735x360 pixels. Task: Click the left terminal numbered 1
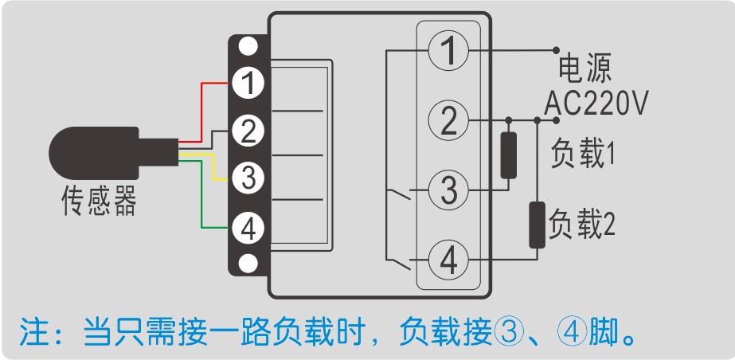pyautogui.click(x=248, y=82)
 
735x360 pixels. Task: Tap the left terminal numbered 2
pyautogui.click(x=248, y=130)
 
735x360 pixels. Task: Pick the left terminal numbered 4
pyautogui.click(x=248, y=229)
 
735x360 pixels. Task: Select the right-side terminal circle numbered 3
pyautogui.click(x=448, y=191)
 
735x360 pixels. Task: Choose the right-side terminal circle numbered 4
pyautogui.click(x=448, y=260)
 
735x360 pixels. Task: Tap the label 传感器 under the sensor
pyautogui.click(x=100, y=203)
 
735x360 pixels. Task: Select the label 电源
pyautogui.click(x=585, y=69)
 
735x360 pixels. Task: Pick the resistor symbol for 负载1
pyautogui.click(x=507, y=155)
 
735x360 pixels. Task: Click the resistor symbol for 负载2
pyautogui.click(x=538, y=225)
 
